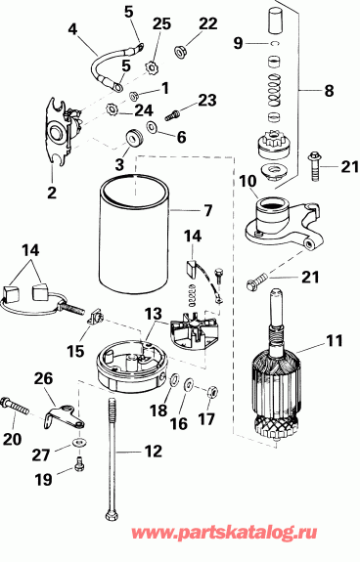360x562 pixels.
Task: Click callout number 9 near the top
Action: (x=238, y=43)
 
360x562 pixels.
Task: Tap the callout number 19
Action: (x=41, y=480)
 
